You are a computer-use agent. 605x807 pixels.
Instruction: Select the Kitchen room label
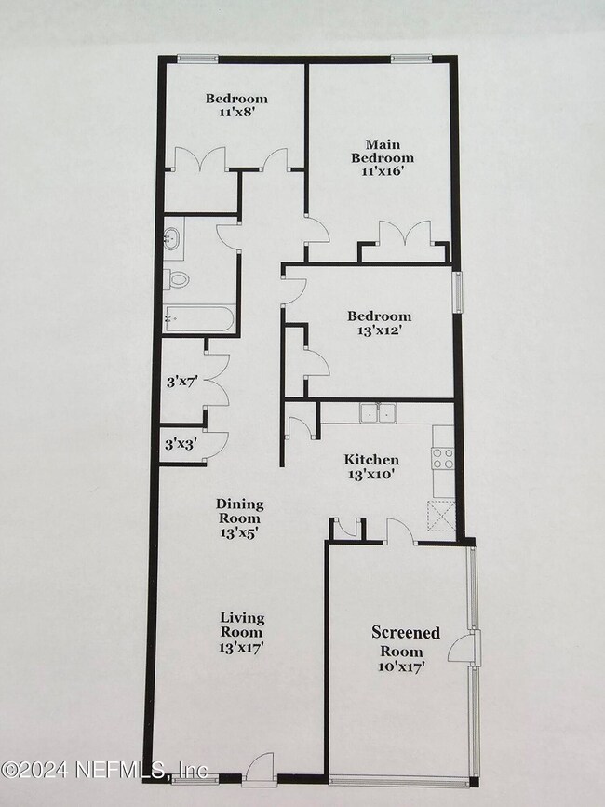tap(371, 460)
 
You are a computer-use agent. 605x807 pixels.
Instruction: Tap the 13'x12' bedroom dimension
tap(380, 331)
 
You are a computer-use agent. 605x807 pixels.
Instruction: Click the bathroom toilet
tap(177, 277)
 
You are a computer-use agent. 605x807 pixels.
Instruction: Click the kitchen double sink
tap(378, 411)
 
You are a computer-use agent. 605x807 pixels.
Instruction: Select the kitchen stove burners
tap(443, 458)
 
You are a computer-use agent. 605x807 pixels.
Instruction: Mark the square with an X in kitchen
tap(440, 514)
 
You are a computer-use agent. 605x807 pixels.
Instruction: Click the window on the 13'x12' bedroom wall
tap(456, 291)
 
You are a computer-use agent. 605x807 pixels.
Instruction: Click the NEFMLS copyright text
tap(103, 770)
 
